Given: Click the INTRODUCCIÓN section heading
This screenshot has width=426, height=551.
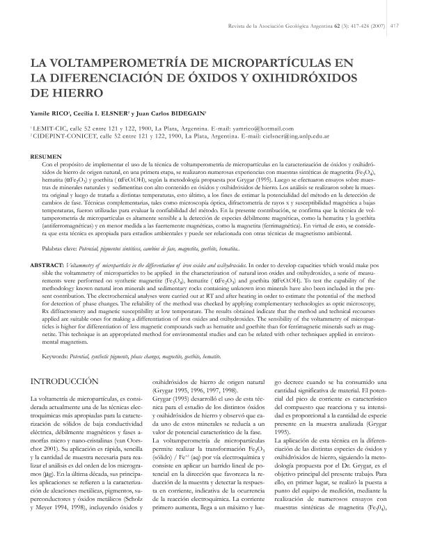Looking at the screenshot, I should coord(72,381).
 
